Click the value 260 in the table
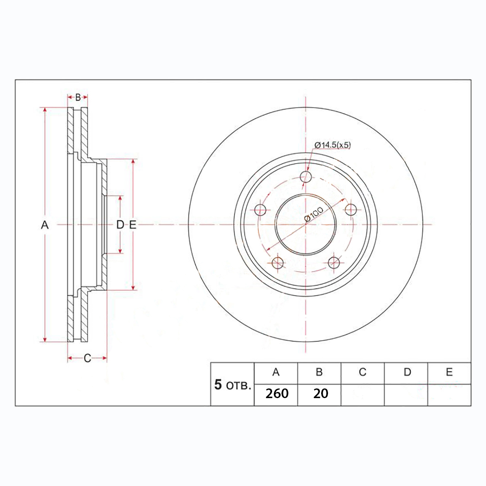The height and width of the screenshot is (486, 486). [277, 394]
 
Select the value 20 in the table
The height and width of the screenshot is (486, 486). [320, 394]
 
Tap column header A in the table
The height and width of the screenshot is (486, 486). [276, 372]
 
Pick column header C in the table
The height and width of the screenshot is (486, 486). [362, 372]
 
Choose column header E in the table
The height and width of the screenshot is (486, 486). [449, 372]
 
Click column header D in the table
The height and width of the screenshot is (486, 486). [407, 372]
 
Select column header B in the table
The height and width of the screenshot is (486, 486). [319, 372]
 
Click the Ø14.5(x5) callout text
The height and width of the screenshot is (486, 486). [333, 145]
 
